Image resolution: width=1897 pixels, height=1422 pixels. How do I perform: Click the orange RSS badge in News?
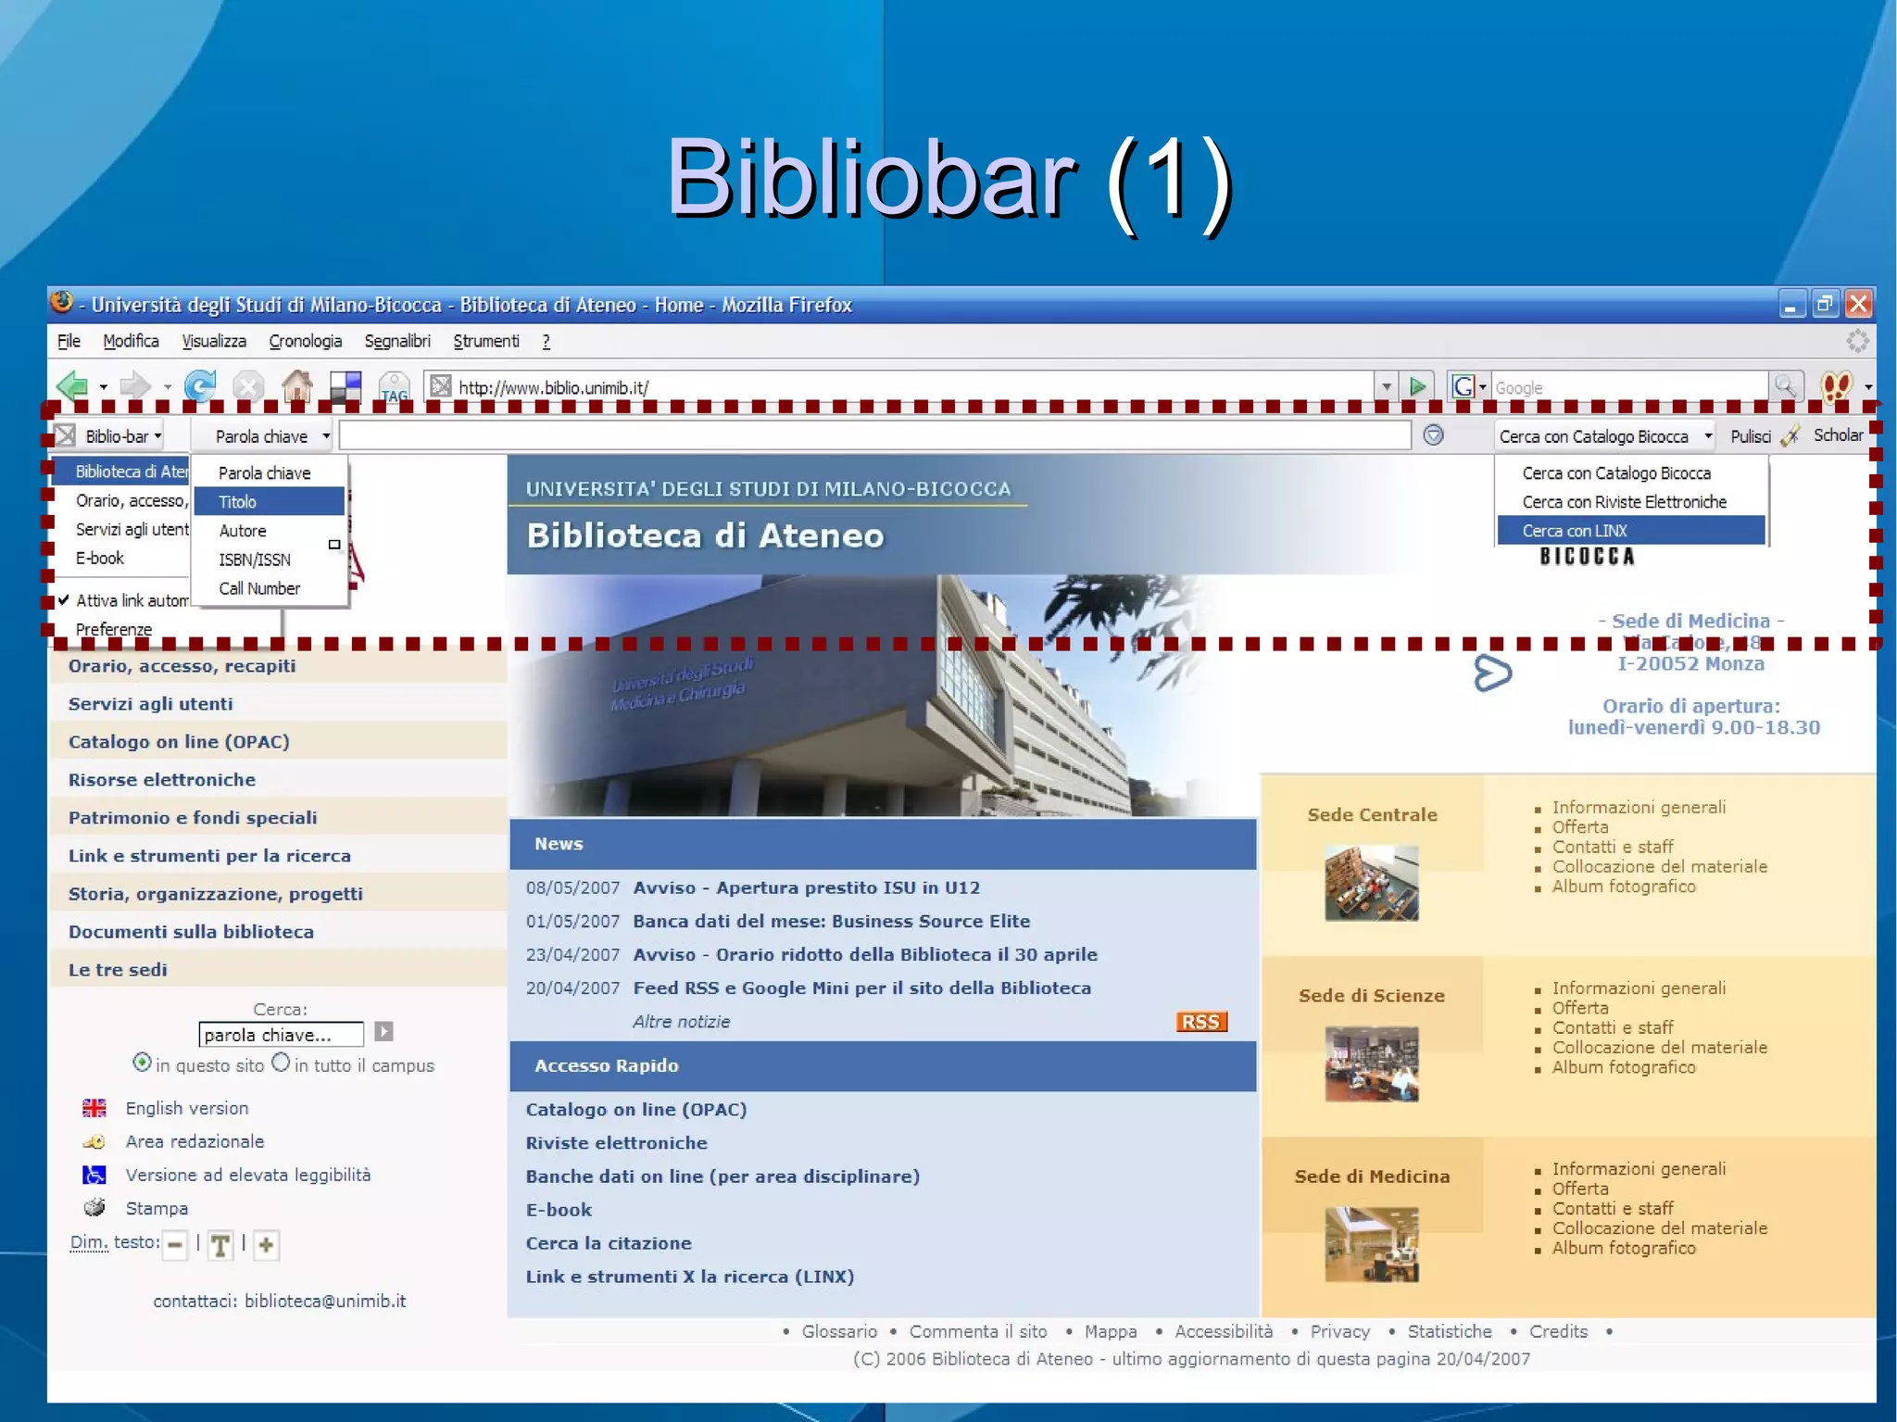click(1201, 1021)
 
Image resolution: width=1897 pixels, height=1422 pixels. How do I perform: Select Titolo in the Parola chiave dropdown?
click(269, 502)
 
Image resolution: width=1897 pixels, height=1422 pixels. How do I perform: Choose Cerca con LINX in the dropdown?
click(1630, 531)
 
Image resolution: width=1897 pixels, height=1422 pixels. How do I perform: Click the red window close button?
click(1858, 304)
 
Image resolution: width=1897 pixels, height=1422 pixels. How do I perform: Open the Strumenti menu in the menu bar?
click(486, 342)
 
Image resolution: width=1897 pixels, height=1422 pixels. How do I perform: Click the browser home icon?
click(297, 385)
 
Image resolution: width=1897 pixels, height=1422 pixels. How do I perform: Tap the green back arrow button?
click(72, 385)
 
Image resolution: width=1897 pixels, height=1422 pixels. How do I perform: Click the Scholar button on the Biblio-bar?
click(1838, 435)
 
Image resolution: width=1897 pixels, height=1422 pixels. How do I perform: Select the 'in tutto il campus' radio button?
click(281, 1063)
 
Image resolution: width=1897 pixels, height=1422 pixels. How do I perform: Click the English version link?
click(187, 1108)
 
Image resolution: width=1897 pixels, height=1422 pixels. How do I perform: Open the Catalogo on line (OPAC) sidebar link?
click(179, 742)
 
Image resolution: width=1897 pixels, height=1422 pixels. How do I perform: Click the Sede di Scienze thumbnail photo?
click(1371, 1063)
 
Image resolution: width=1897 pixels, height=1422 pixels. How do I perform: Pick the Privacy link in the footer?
click(1339, 1331)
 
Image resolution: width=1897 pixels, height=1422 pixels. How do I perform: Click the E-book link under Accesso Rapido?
click(559, 1210)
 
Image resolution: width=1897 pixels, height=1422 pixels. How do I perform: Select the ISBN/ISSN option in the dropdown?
click(255, 560)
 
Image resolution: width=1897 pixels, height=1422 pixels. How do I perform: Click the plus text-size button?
click(266, 1245)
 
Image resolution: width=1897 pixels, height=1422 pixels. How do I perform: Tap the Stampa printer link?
click(157, 1208)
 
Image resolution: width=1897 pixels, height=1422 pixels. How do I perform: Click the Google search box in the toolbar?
click(1628, 387)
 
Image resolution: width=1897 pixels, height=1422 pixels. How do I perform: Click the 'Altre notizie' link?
click(681, 1022)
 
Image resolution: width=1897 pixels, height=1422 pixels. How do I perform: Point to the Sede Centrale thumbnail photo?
click(1371, 883)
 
